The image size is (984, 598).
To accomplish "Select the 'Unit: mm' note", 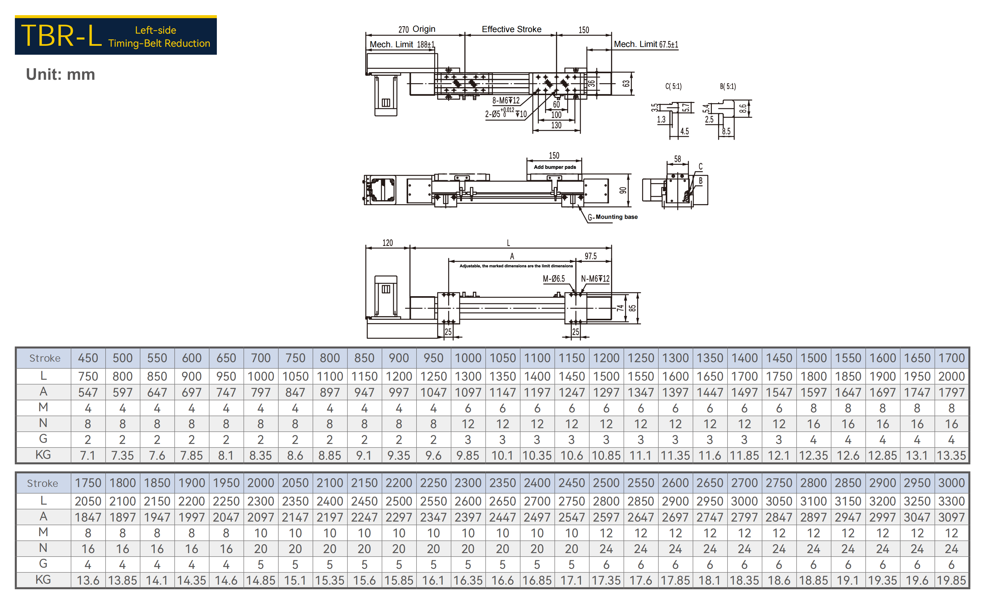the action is point(60,75).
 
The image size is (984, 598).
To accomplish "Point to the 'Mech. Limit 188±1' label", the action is point(402,44).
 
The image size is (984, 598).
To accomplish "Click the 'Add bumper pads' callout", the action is point(555,167).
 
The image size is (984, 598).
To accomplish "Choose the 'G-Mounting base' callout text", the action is point(612,217).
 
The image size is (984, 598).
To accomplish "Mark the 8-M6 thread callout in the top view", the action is point(506,100).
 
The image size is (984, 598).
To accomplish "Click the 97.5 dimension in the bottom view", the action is point(591,256).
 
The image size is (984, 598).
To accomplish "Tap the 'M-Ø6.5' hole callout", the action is point(554,279).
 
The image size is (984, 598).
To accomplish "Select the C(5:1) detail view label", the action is point(673,86).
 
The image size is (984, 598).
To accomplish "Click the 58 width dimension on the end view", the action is point(677,159).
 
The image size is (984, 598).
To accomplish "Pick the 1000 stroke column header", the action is point(468,358).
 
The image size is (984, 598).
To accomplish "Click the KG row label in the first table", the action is point(43,455).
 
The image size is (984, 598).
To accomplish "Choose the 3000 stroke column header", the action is point(951,483).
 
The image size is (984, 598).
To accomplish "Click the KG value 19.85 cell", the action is point(951,580).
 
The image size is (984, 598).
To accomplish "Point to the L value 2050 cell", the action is point(88,501).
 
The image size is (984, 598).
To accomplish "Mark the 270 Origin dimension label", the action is point(416,29).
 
